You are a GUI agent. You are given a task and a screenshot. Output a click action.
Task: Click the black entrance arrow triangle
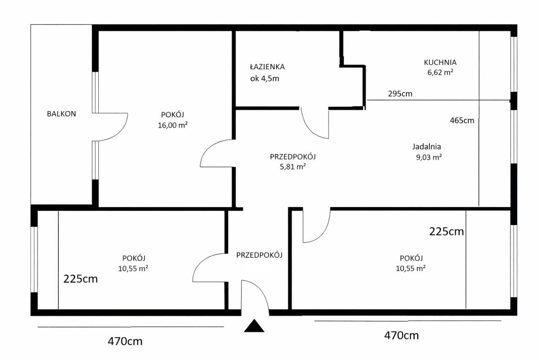pos(254,326)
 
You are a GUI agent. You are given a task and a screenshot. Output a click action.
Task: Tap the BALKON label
pos(62,114)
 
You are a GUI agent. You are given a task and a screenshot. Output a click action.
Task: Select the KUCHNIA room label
pos(440,63)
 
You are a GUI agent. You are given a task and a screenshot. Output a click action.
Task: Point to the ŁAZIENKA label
pos(267,67)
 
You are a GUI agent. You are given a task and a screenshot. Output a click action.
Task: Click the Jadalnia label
pos(427,147)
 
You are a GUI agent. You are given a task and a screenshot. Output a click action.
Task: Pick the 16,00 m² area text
pos(173,125)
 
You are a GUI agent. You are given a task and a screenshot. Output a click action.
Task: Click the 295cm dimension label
pos(400,94)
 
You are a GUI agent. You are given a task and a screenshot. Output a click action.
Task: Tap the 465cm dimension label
pos(462,120)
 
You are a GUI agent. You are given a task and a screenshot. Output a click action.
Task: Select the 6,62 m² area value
pos(441,72)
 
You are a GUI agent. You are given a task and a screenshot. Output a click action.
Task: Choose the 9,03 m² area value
pos(429,157)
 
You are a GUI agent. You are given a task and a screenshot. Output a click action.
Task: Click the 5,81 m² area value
pos(292,166)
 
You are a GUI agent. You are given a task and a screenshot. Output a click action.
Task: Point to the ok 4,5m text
pos(265,79)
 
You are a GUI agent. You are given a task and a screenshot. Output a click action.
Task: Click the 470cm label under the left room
pos(125,342)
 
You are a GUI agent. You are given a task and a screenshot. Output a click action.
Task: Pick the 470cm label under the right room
pos(401,336)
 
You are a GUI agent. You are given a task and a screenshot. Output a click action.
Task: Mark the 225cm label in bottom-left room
pos(81,279)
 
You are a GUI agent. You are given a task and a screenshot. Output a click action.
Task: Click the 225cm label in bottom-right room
pos(446,231)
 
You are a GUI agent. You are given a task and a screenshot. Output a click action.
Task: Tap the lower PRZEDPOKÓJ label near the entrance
pos(259,255)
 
